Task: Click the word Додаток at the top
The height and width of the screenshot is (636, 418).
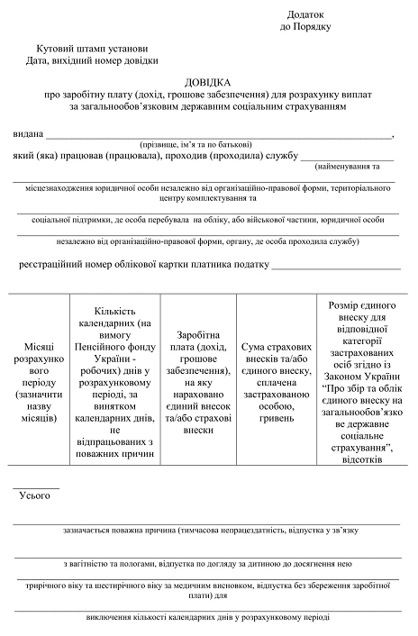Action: pyautogui.click(x=304, y=15)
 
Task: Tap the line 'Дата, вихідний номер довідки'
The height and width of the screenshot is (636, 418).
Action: pyautogui.click(x=93, y=60)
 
